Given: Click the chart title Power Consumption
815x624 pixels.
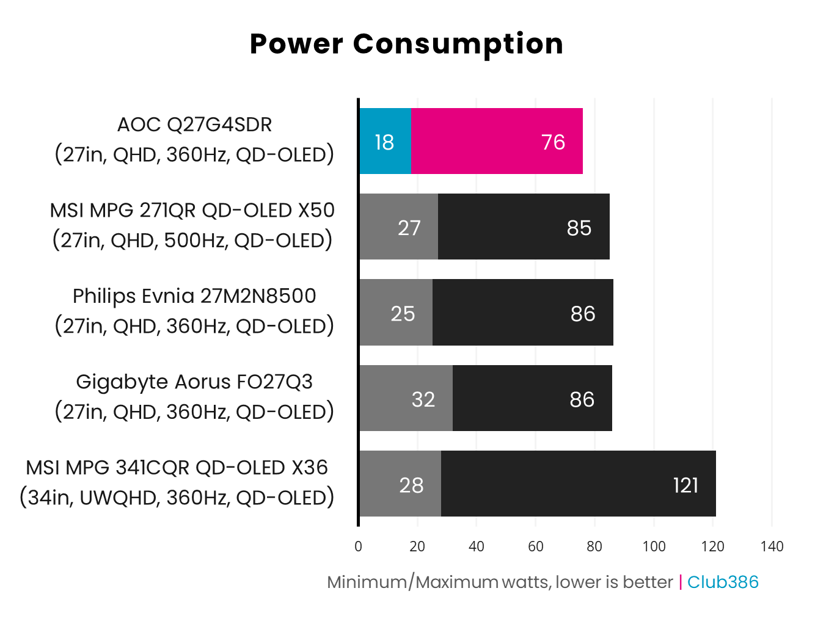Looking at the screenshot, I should (x=406, y=45).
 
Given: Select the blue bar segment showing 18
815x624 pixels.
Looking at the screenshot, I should (x=385, y=142).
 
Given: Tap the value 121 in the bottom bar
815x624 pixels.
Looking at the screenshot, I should (x=685, y=485).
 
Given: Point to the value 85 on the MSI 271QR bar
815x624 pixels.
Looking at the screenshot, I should (x=579, y=228).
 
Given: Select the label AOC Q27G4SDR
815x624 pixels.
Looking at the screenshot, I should (x=194, y=125).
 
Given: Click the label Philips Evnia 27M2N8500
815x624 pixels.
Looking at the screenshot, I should (x=194, y=296).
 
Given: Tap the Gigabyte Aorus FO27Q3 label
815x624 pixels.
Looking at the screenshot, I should (x=194, y=382).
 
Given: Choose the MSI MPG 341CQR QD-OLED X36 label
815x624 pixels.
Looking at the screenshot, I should (x=177, y=468).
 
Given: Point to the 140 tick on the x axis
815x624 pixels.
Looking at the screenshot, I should (x=772, y=546).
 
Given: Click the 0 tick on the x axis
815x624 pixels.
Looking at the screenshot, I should (x=358, y=546).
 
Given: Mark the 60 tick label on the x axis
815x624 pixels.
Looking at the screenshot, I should (x=535, y=546).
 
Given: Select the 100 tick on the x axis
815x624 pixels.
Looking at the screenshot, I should (x=654, y=546).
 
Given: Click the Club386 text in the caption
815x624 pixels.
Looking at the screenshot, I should (x=723, y=582).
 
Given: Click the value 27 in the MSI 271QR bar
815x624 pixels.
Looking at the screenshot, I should (x=409, y=228).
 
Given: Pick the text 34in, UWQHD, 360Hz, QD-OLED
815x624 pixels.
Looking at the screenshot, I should (x=177, y=498).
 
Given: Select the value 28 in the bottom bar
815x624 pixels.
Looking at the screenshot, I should (x=411, y=485).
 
